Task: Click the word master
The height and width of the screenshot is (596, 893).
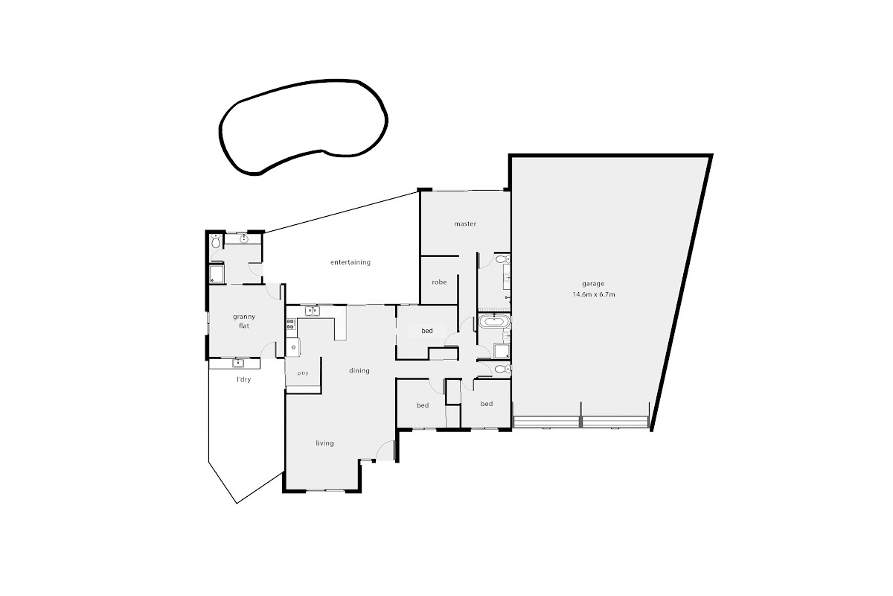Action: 465,224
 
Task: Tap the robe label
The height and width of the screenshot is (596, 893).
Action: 439,282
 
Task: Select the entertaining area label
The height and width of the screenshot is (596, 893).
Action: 351,262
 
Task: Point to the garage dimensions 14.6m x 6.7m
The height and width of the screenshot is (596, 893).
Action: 594,294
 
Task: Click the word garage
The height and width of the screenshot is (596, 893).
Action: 593,284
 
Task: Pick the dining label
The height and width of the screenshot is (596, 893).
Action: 359,371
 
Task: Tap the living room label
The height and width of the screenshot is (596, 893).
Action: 324,443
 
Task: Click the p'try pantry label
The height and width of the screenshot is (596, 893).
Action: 303,373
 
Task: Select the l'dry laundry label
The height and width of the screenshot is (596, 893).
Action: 243,379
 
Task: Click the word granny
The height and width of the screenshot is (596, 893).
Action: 244,317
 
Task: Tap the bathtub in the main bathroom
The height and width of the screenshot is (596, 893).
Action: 494,320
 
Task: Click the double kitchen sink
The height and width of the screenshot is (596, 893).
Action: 312,311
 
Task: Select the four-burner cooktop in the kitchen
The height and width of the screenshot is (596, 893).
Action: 291,324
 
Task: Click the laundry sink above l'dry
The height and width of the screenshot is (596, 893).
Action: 238,363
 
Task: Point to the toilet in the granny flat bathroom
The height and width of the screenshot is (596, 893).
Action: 216,241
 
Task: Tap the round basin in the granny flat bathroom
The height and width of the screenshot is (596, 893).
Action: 244,239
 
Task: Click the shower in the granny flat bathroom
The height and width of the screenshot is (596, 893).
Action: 217,274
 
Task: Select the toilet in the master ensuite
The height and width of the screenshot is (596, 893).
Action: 502,259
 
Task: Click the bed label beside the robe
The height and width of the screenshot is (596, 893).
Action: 427,331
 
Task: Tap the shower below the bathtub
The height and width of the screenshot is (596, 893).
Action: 502,351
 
